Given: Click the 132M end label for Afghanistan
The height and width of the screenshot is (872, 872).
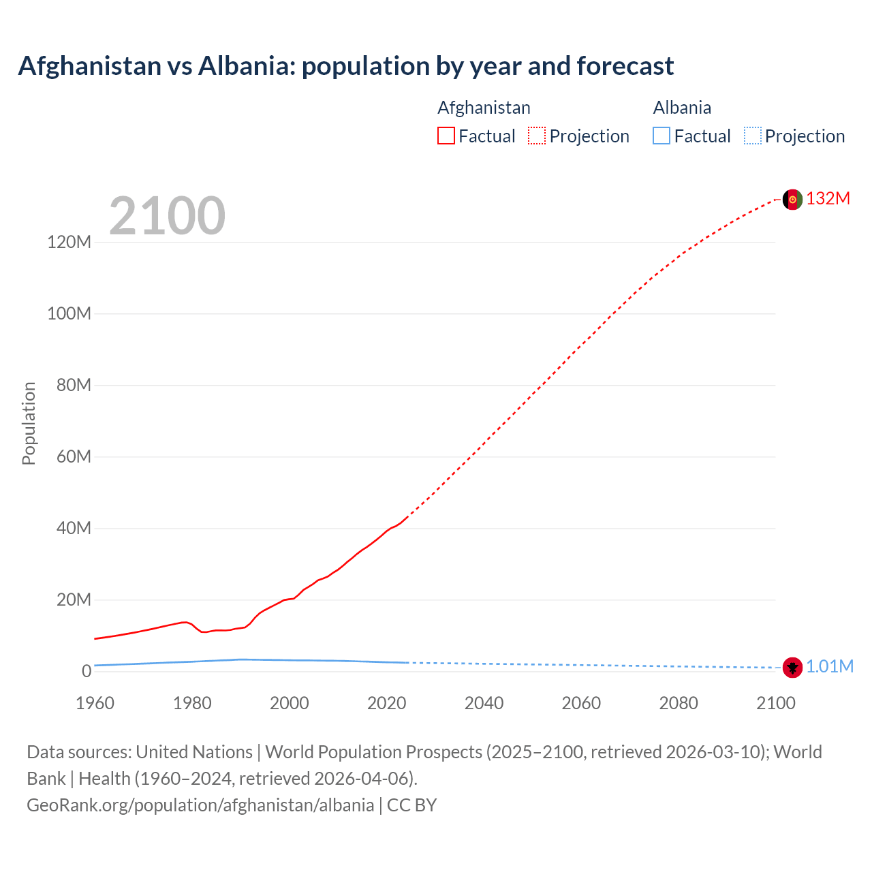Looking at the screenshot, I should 828,198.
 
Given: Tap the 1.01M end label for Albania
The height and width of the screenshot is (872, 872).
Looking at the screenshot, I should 829,666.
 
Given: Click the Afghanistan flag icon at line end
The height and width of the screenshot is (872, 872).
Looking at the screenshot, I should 792,200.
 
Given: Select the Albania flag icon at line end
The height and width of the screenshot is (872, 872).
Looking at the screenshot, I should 792,668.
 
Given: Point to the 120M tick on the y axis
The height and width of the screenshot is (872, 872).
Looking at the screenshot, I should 69,242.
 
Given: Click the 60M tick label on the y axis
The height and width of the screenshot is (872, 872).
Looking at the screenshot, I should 74,456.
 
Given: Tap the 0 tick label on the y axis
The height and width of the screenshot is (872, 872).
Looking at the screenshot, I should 86,671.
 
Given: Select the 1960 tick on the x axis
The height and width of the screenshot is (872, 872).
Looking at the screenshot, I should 95,703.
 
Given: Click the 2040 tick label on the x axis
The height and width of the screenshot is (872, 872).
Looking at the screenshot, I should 484,703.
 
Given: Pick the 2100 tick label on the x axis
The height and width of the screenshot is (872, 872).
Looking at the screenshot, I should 775,703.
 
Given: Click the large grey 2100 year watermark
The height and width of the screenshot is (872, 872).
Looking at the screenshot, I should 167,216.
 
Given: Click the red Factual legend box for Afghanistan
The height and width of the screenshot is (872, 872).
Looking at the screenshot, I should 446,136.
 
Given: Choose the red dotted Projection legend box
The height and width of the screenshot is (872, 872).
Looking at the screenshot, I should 537,136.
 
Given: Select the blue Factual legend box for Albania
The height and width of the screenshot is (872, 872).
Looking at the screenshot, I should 661,136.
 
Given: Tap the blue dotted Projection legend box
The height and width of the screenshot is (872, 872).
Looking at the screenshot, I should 753,136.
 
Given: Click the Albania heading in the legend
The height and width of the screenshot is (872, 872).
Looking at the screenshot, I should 682,108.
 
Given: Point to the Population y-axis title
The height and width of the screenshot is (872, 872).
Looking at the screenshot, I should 29,423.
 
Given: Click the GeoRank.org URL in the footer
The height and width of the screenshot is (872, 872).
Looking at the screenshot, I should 200,805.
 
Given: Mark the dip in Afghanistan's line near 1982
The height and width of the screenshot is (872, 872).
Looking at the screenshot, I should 203,632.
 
